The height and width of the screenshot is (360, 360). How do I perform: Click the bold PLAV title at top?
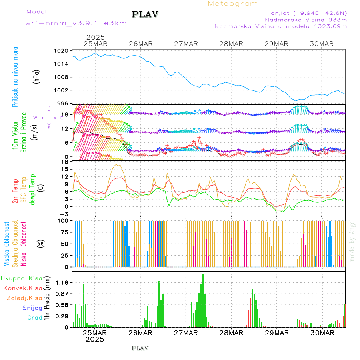(145, 14)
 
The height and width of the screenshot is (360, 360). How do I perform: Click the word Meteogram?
(233, 4)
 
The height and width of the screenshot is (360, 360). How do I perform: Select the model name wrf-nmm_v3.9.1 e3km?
(76, 23)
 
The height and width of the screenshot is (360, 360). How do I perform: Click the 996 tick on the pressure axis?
(63, 103)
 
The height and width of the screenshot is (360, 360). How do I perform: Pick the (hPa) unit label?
(36, 77)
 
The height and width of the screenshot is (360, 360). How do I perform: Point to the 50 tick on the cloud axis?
(64, 244)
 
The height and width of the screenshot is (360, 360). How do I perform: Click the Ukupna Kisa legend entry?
(22, 278)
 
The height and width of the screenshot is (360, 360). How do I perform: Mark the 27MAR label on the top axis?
(186, 44)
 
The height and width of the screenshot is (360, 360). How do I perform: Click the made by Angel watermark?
(352, 240)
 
